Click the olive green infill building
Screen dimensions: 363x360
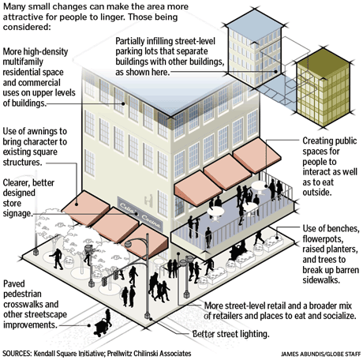tap(324, 88)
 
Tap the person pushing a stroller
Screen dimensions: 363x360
tap(103, 323)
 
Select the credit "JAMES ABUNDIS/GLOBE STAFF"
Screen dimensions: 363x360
tap(320, 354)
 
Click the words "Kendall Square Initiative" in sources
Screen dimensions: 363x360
tap(69, 353)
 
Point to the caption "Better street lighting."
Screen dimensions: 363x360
tap(230, 334)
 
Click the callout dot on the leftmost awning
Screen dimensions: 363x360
tap(77, 204)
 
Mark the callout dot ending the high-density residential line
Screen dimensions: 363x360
tap(123, 103)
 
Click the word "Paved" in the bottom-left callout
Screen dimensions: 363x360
tap(14, 284)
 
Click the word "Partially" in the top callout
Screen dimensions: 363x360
tap(130, 41)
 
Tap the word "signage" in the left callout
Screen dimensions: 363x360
tap(17, 214)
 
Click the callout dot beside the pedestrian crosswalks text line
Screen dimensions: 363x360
tap(89, 325)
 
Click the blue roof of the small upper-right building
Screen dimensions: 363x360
tap(254, 24)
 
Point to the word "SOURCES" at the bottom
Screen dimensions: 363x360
tap(17, 353)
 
